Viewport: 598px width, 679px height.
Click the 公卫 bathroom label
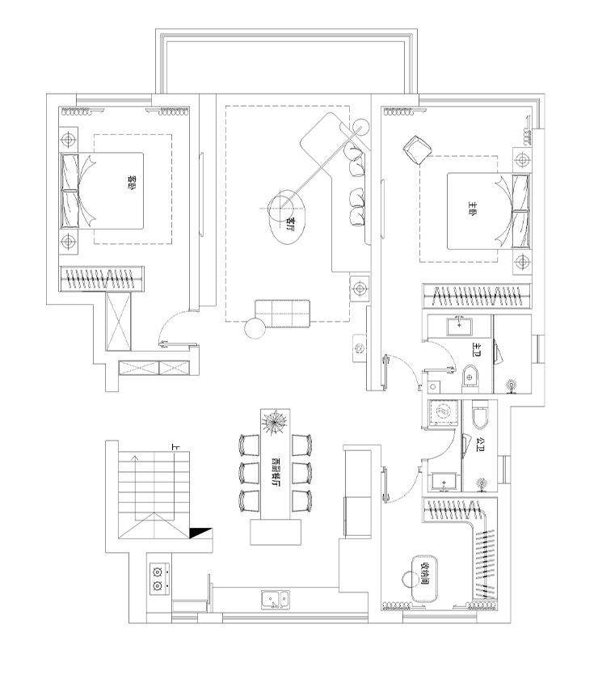coord(482,444)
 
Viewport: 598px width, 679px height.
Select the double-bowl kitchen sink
coord(275,600)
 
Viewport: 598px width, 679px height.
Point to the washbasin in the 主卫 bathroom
coord(461,325)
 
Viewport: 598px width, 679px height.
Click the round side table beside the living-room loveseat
coord(255,328)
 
